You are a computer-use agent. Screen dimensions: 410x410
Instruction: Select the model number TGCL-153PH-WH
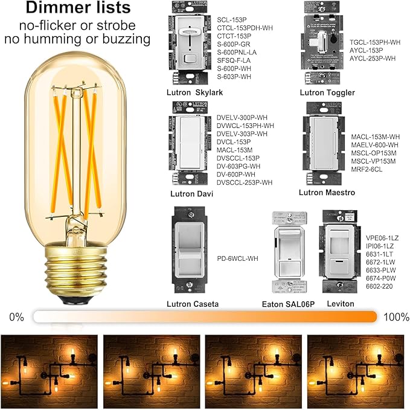tap(375, 42)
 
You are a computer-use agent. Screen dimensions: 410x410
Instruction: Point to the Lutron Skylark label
tap(195, 93)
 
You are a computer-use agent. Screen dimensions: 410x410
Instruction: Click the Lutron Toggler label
tap(327, 93)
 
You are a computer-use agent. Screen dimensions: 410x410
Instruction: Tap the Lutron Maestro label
tap(327, 193)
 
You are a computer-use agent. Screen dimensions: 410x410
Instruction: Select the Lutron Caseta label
tap(195, 303)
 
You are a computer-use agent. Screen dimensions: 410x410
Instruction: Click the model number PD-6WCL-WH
tap(237, 258)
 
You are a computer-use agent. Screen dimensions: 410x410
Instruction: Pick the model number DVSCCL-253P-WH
tap(245, 182)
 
